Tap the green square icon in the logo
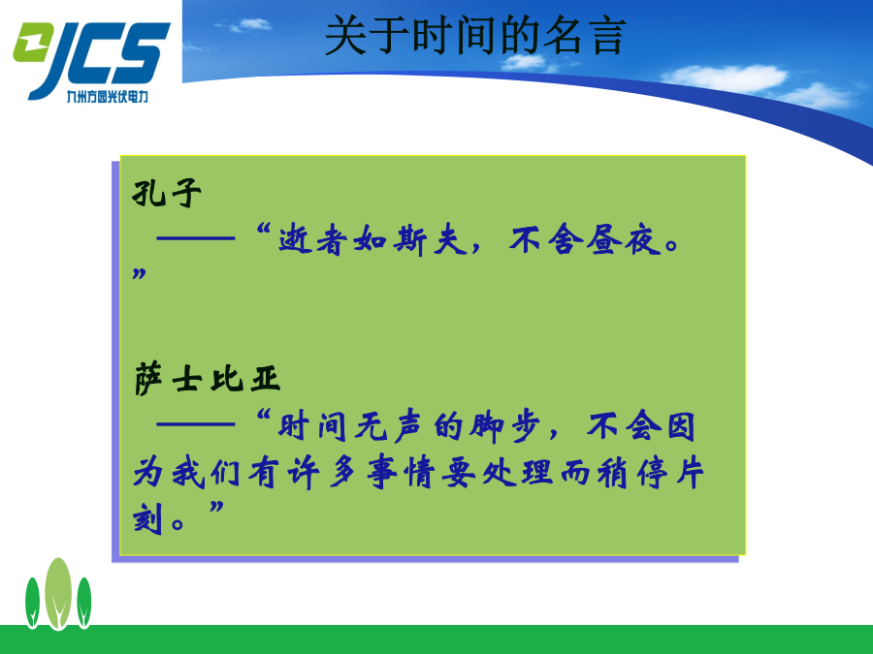[x=32, y=42]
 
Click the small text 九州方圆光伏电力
[x=108, y=96]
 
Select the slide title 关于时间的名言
[x=475, y=35]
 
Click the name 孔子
[x=167, y=194]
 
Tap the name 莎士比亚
[x=207, y=379]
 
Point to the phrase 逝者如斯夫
[x=372, y=240]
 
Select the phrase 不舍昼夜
[x=585, y=240]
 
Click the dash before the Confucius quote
[x=196, y=238]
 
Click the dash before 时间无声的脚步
[x=196, y=423]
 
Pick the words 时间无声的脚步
[x=408, y=427]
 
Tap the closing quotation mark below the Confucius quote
[x=139, y=273]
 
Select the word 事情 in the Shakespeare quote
[x=401, y=473]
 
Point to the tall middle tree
[x=58, y=593]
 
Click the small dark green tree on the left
[x=32, y=603]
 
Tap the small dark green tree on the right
[x=84, y=603]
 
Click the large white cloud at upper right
[x=724, y=78]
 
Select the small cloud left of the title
[x=251, y=24]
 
